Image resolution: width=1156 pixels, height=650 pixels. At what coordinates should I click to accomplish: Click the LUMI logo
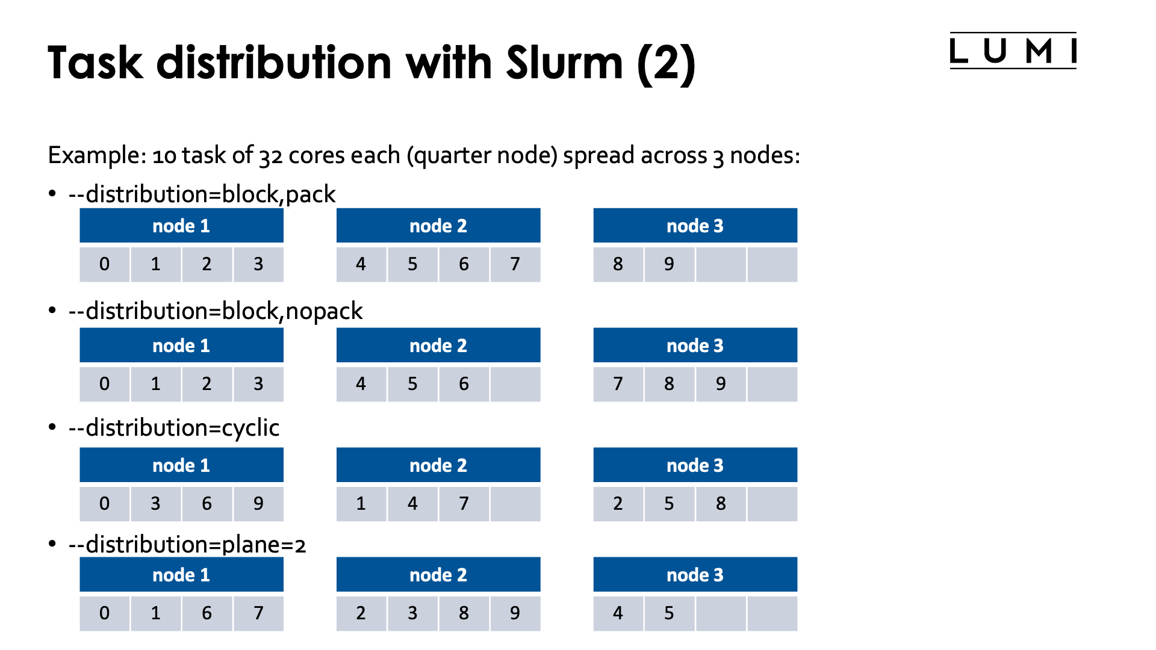pos(1013,51)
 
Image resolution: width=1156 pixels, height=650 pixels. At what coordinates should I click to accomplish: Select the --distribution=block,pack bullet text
pos(202,194)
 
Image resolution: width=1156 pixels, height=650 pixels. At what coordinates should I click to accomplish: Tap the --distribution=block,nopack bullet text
pos(215,311)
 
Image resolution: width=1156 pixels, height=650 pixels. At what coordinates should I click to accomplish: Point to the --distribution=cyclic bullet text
pos(173,428)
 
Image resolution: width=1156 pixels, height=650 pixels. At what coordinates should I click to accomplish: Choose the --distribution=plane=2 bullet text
pos(187,545)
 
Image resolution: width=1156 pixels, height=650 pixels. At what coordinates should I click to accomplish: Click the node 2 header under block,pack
pos(438,226)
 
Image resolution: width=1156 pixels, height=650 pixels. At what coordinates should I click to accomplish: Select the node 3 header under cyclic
pos(695,465)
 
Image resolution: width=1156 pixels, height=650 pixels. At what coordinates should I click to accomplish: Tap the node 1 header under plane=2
pos(181,575)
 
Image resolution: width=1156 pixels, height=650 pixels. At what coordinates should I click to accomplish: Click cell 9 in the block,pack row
pos(669,264)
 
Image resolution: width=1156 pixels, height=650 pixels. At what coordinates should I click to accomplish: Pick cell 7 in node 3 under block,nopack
pos(618,384)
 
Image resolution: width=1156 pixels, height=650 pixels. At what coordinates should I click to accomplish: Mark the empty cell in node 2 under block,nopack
pos(515,384)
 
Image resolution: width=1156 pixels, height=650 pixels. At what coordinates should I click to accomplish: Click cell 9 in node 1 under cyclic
pos(258,504)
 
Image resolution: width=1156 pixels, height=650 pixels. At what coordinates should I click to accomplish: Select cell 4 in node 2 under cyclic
pos(412,504)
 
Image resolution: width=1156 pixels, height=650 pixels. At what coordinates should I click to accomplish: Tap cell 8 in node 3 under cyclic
pos(721,504)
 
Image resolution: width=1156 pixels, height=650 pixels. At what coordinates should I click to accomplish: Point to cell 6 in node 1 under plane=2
pos(207,613)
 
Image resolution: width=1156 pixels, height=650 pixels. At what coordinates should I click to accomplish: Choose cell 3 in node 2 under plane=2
pos(412,613)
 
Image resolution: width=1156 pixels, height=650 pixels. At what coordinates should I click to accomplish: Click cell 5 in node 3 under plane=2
pos(669,613)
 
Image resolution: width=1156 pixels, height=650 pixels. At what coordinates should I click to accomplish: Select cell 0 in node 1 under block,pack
pos(104,264)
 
